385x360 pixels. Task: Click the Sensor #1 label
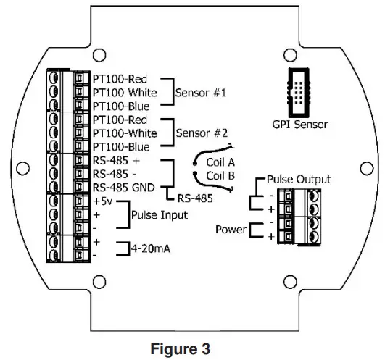(x=200, y=93)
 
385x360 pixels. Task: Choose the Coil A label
(x=221, y=162)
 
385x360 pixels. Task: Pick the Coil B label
(x=221, y=176)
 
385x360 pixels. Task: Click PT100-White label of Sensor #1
(x=124, y=92)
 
